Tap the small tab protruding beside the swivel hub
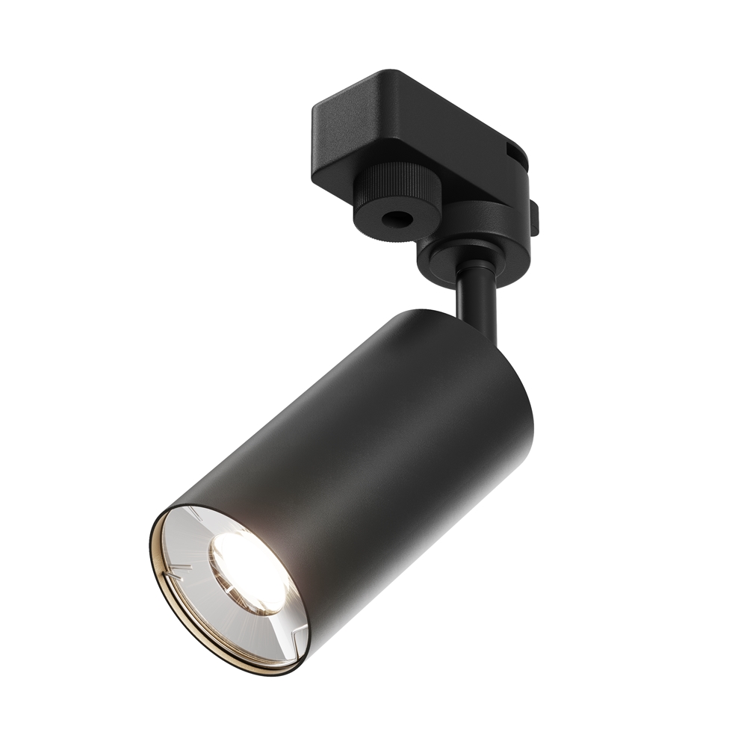pos(535,217)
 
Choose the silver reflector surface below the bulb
pos(247,627)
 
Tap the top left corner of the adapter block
pos(317,112)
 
